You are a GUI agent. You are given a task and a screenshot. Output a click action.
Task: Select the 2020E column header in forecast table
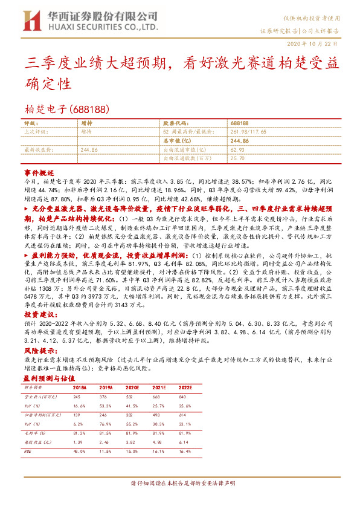click(134, 387)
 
